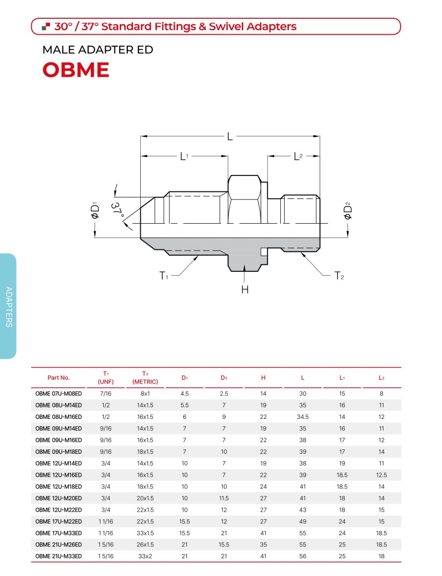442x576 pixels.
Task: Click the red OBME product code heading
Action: (x=76, y=70)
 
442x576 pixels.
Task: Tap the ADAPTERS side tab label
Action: (x=9, y=307)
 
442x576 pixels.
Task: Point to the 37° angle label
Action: (x=118, y=211)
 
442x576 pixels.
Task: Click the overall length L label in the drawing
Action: (x=230, y=137)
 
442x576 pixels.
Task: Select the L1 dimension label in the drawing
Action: (x=184, y=157)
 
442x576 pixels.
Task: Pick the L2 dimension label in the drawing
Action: (x=298, y=157)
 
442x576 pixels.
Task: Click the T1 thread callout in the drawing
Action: (x=164, y=276)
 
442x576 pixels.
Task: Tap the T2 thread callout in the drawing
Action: (x=339, y=276)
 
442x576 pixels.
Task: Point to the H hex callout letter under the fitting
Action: (x=245, y=290)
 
